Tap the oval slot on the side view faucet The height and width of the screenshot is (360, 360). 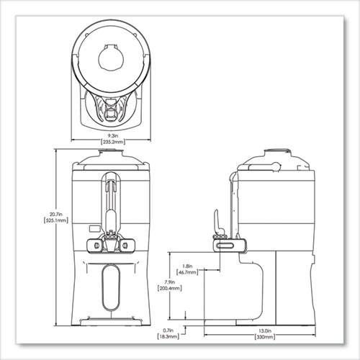click(225, 248)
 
